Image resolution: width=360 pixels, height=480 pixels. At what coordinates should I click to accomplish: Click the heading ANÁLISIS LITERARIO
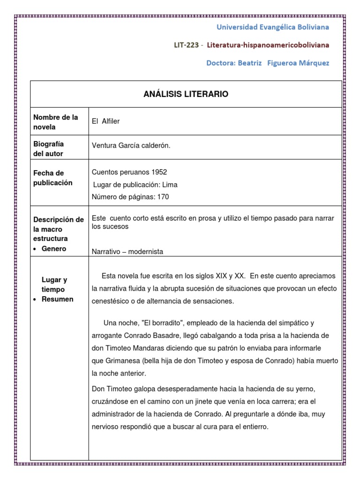(x=186, y=94)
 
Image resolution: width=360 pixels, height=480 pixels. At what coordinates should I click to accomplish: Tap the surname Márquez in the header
(x=312, y=63)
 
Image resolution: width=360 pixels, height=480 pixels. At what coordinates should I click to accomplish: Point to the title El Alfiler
(x=106, y=121)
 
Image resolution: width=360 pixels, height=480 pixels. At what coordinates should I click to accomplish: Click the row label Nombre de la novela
(x=55, y=122)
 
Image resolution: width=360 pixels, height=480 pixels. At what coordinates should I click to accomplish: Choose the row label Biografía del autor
(x=48, y=149)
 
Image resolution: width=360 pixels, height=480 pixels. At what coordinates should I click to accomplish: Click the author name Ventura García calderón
(x=131, y=146)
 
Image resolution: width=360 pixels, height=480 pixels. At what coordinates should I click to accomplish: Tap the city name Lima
(x=170, y=185)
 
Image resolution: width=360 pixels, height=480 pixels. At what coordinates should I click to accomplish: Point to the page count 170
(x=163, y=197)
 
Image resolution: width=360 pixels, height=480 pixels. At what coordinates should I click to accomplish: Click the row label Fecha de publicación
(x=52, y=178)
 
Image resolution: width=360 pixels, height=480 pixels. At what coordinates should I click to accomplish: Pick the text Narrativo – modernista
(x=127, y=252)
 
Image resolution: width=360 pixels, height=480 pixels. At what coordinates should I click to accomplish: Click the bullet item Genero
(x=53, y=249)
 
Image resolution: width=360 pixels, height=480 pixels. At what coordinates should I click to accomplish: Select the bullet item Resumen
(x=57, y=299)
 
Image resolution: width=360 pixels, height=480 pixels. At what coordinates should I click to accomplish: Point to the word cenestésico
(x=112, y=300)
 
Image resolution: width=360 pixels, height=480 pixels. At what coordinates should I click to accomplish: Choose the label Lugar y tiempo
(x=54, y=285)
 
